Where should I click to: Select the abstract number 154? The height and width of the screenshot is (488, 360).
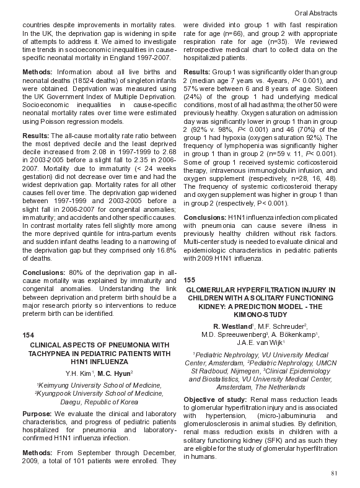(x=29, y=334)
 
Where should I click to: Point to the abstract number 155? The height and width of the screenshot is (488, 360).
(x=190, y=280)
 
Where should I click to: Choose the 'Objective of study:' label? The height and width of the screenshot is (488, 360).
(x=214, y=399)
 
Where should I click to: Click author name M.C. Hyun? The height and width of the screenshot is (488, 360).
(x=113, y=373)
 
